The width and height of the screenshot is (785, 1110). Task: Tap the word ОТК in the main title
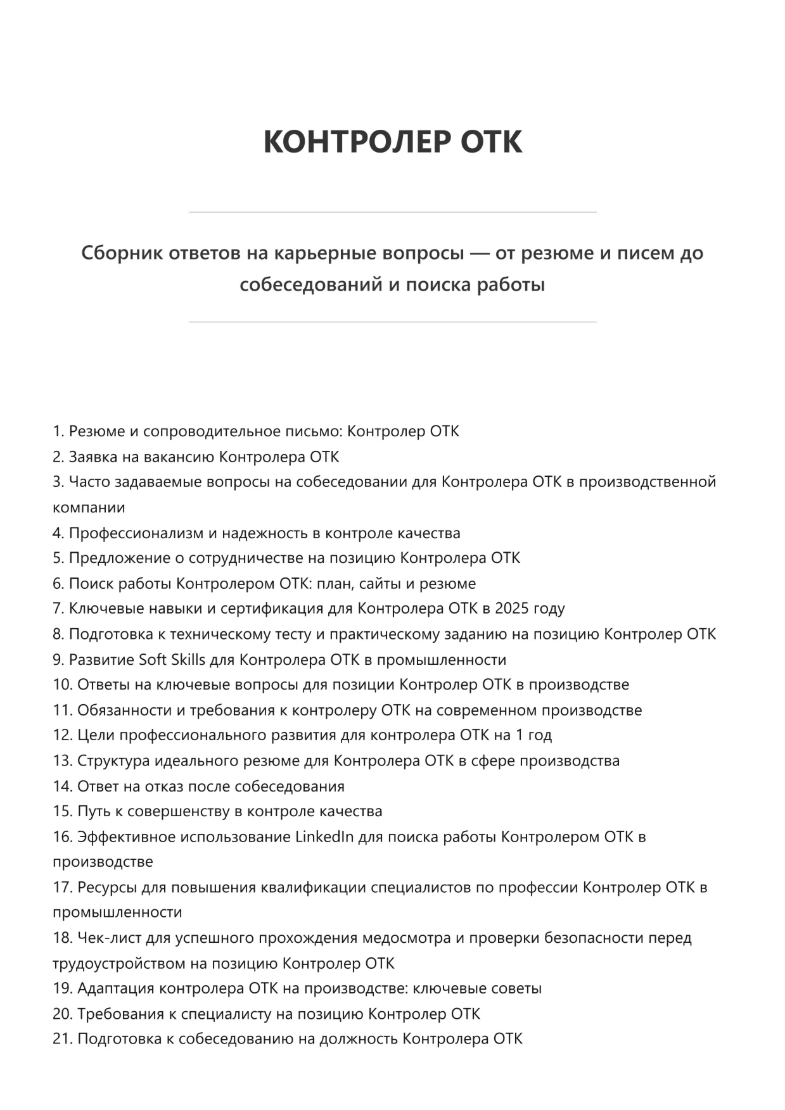tap(491, 141)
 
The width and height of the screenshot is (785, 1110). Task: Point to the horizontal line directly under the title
tap(392, 212)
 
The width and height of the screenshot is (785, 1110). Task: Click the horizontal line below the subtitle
tap(392, 322)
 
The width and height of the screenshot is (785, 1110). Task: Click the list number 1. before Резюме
tap(59, 432)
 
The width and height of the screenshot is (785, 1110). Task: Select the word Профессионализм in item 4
tap(136, 533)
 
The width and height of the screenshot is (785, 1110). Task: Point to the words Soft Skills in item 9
tap(172, 660)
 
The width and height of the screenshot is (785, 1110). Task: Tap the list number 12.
tap(63, 736)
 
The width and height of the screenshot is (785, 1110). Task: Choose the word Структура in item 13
tap(116, 761)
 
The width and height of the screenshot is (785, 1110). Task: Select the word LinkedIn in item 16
tap(324, 837)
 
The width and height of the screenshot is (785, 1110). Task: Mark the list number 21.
tap(63, 1040)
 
